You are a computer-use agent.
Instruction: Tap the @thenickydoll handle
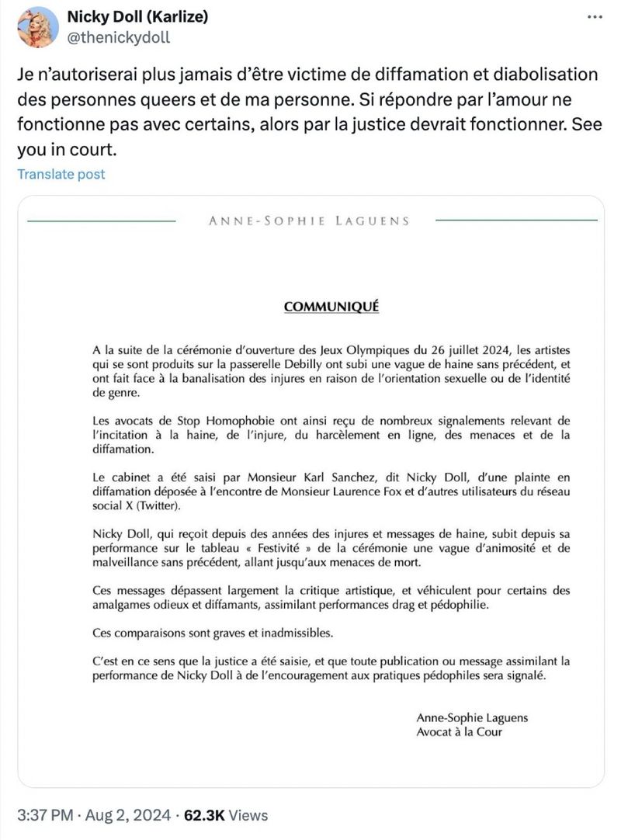pos(119,36)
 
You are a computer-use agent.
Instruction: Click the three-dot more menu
pos(595,17)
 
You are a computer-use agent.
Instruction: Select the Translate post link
pos(61,174)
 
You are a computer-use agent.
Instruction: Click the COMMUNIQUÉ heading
pos(331,306)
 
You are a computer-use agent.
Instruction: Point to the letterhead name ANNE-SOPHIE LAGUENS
pos(309,220)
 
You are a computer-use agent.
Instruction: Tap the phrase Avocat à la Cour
pos(459,731)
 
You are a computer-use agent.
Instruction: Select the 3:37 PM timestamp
pos(46,816)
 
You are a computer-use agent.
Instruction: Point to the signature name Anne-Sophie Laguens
pos(472,718)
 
